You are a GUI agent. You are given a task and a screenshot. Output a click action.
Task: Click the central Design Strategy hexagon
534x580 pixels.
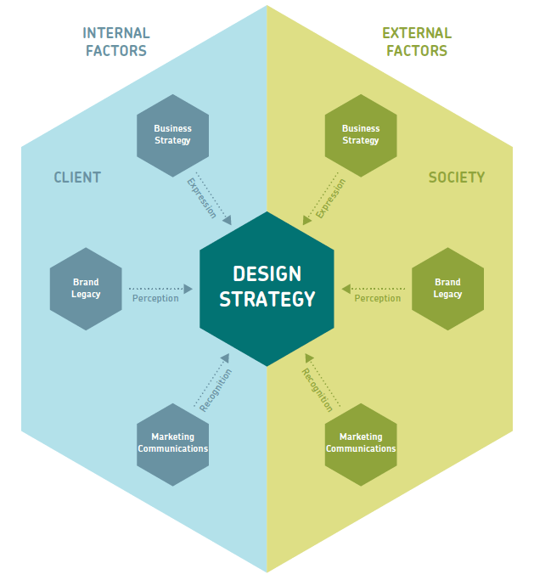pos(267,288)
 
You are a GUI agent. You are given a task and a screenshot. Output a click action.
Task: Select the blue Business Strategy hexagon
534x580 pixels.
pos(172,135)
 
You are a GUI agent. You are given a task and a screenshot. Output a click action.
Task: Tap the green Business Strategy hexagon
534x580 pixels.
pos(361,135)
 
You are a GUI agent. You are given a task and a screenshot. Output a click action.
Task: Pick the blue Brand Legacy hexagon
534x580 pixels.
pos(86,288)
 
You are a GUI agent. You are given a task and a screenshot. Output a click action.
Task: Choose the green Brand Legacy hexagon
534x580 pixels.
pos(447,288)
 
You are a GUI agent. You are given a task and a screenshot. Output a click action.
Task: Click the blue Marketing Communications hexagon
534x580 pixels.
pos(172,442)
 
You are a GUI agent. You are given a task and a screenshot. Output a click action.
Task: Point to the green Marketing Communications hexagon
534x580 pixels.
pos(361,442)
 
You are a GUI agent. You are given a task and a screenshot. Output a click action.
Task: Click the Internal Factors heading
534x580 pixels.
pos(116,42)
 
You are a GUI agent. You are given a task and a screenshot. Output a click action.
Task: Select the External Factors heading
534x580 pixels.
pos(417,42)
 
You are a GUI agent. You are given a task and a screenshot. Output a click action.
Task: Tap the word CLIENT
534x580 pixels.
pos(77,177)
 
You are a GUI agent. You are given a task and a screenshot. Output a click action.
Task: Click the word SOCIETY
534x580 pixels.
pos(457,177)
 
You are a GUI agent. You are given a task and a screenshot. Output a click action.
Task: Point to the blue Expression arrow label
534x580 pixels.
pos(201,198)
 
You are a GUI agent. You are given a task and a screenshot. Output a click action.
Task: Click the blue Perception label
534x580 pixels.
pos(155,299)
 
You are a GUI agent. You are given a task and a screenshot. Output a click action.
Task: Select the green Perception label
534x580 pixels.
pos(378,299)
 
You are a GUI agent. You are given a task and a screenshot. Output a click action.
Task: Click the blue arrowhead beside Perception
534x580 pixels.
pos(188,288)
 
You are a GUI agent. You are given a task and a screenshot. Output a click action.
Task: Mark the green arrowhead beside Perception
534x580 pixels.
pos(345,288)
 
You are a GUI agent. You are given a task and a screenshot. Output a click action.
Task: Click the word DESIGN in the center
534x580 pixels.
pos(267,273)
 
